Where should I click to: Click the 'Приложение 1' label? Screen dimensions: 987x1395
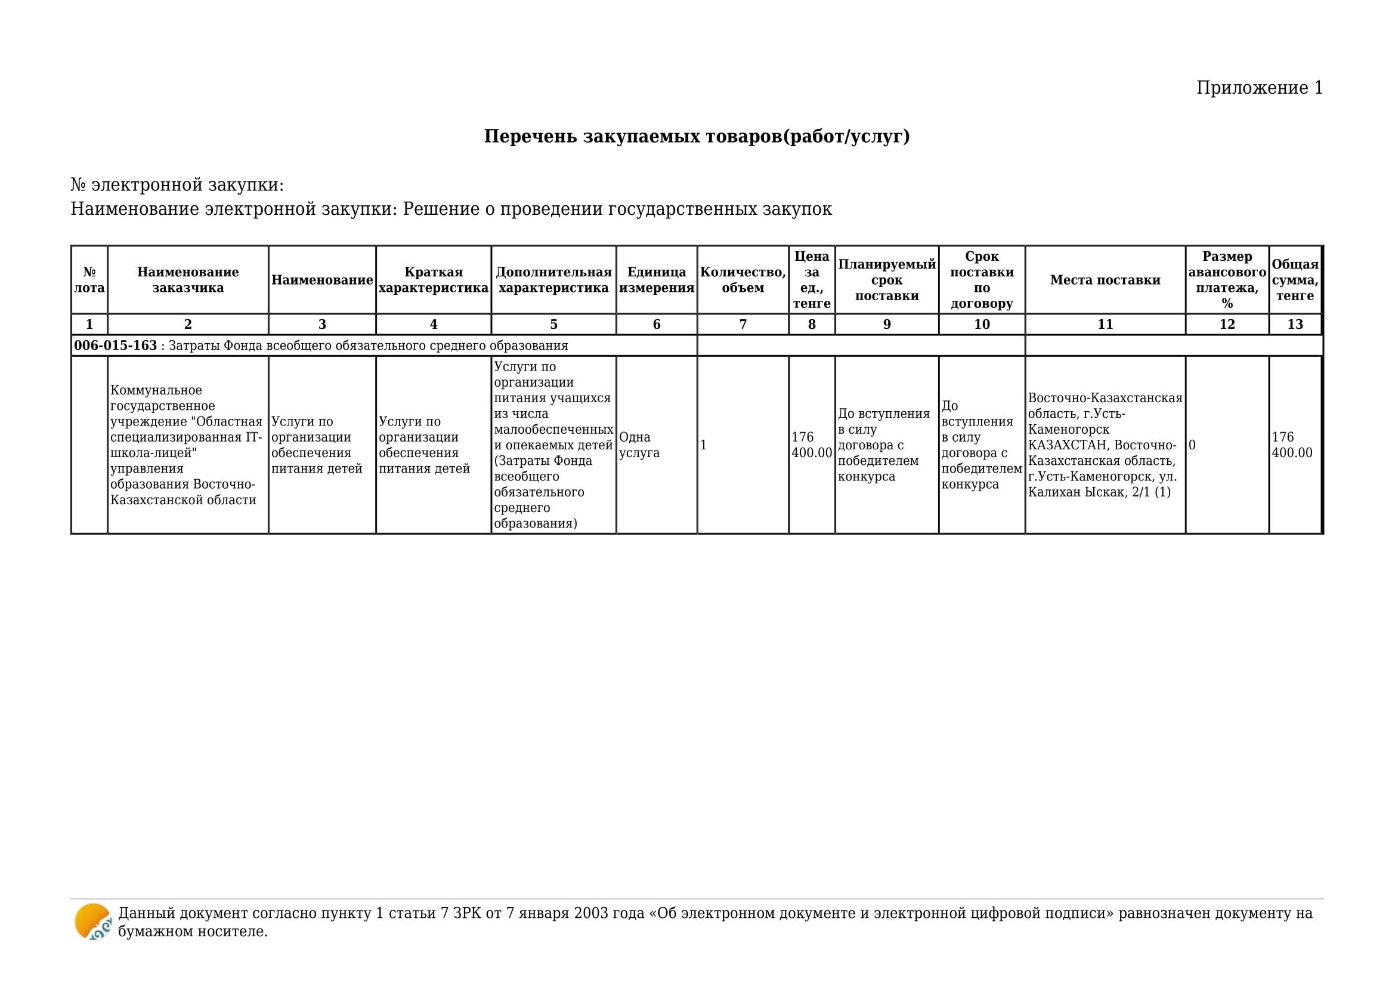(1259, 88)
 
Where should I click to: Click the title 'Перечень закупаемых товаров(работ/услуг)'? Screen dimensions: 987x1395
(697, 136)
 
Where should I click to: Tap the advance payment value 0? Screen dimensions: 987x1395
(1192, 445)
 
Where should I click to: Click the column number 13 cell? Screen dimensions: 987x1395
(1295, 325)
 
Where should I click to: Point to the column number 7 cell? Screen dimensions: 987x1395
(743, 325)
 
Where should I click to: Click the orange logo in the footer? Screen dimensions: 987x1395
(92, 921)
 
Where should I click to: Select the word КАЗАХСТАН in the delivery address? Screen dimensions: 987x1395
(1067, 445)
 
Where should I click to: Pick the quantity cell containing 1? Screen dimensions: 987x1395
(704, 445)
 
